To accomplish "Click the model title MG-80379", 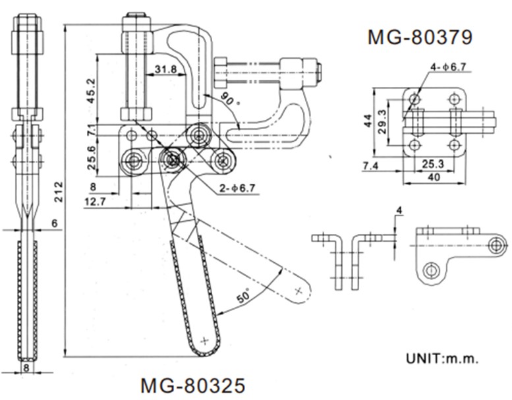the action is pyautogui.click(x=420, y=37).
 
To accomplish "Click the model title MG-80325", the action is pyautogui.click(x=192, y=386).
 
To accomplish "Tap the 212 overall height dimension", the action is pyautogui.click(x=58, y=192).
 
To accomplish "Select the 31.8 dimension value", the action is pyautogui.click(x=166, y=69).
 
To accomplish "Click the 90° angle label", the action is pyautogui.click(x=230, y=99).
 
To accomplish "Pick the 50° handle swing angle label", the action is pyautogui.click(x=243, y=295).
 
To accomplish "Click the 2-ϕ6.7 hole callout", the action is pyautogui.click(x=237, y=188).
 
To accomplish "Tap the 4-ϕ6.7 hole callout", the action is pyautogui.click(x=448, y=67).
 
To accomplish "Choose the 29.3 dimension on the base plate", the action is pyautogui.click(x=383, y=121).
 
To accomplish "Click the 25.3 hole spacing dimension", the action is pyautogui.click(x=433, y=164).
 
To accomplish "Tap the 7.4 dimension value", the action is pyautogui.click(x=370, y=166).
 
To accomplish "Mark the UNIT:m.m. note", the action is pyautogui.click(x=442, y=358).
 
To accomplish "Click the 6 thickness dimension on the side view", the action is pyautogui.click(x=54, y=223).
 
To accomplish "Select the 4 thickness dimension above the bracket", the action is pyautogui.click(x=399, y=210).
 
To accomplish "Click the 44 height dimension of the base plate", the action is pyautogui.click(x=368, y=121).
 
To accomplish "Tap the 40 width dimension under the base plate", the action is pyautogui.click(x=434, y=177).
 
